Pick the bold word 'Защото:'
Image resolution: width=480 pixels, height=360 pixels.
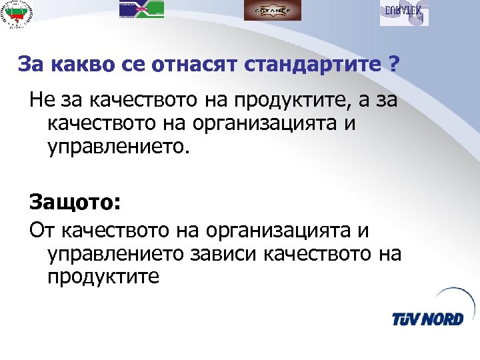66,201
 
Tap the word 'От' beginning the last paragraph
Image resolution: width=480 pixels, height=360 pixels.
41,231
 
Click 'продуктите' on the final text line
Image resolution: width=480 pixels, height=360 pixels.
103,276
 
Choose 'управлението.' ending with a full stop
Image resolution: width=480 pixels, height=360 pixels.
119,146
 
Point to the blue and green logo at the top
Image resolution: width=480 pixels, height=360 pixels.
141,9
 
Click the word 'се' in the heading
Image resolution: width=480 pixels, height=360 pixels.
132,65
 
